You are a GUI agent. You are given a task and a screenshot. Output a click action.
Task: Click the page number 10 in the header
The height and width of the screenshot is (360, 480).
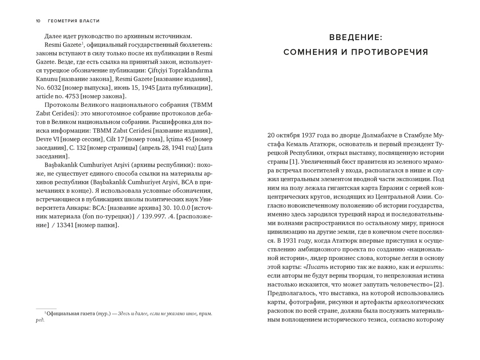(38, 21)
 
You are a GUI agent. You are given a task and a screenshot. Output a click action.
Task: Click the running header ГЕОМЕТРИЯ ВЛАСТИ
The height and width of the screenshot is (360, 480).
(74, 21)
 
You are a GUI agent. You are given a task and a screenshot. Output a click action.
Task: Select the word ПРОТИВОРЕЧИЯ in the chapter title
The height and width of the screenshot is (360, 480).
(390, 52)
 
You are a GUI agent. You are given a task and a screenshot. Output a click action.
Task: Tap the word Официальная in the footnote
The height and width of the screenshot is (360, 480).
(62, 313)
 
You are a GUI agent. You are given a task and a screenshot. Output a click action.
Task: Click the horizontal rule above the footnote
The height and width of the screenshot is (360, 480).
(46, 309)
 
